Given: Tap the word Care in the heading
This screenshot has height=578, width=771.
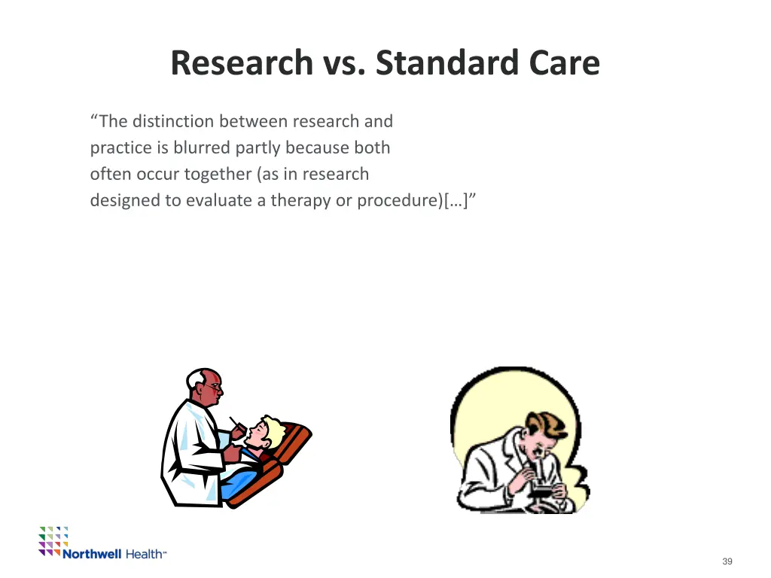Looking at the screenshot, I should coord(564,63).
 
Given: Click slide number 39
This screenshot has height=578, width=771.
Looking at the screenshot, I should coord(727,561).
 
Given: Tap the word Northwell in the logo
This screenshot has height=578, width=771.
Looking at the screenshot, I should coord(91,554).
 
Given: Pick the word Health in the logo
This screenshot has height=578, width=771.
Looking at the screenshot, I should coord(144,554).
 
